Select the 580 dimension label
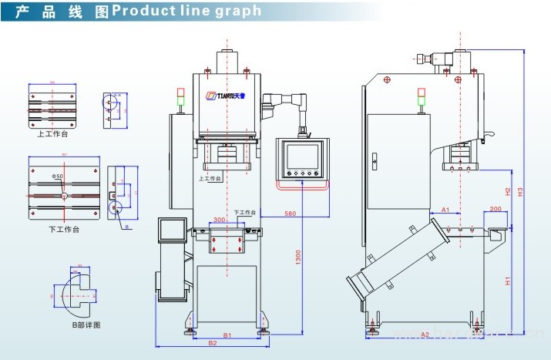point(290,213)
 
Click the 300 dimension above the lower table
point(220,220)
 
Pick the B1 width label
point(228,335)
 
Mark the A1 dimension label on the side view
point(445,210)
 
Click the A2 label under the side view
point(425,334)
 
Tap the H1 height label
point(508,281)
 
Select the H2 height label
point(508,190)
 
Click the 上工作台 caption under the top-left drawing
point(52,133)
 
